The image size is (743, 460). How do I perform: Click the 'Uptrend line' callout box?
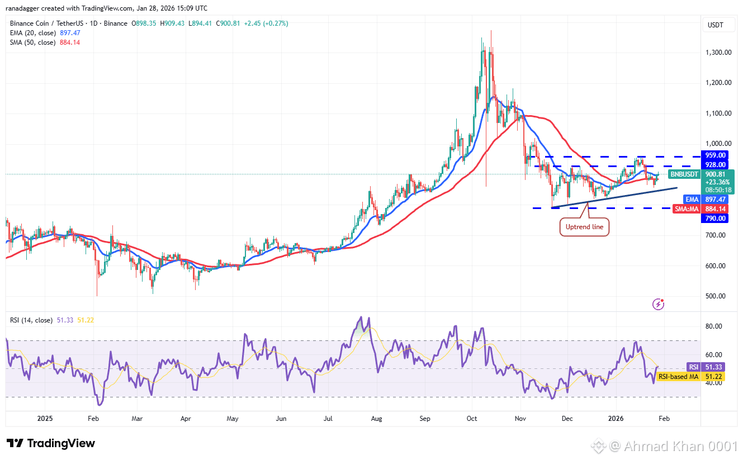[584, 227]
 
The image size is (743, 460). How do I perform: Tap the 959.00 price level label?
[716, 155]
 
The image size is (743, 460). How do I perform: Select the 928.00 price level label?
[716, 165]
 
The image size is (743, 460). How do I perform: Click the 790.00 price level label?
[716, 219]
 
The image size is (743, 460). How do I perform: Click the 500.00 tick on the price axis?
[716, 296]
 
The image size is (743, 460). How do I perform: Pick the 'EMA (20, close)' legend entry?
[32, 33]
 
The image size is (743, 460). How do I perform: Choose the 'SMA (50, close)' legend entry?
[32, 42]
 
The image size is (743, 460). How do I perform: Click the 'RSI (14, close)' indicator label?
[31, 320]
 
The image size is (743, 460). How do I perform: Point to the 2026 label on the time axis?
[616, 418]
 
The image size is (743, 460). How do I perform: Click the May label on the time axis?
[233, 418]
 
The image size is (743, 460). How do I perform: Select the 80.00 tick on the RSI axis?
[716, 326]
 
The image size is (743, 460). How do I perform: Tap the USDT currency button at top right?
[715, 25]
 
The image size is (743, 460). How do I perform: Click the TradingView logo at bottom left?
[51, 443]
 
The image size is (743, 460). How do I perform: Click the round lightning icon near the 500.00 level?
[659, 304]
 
